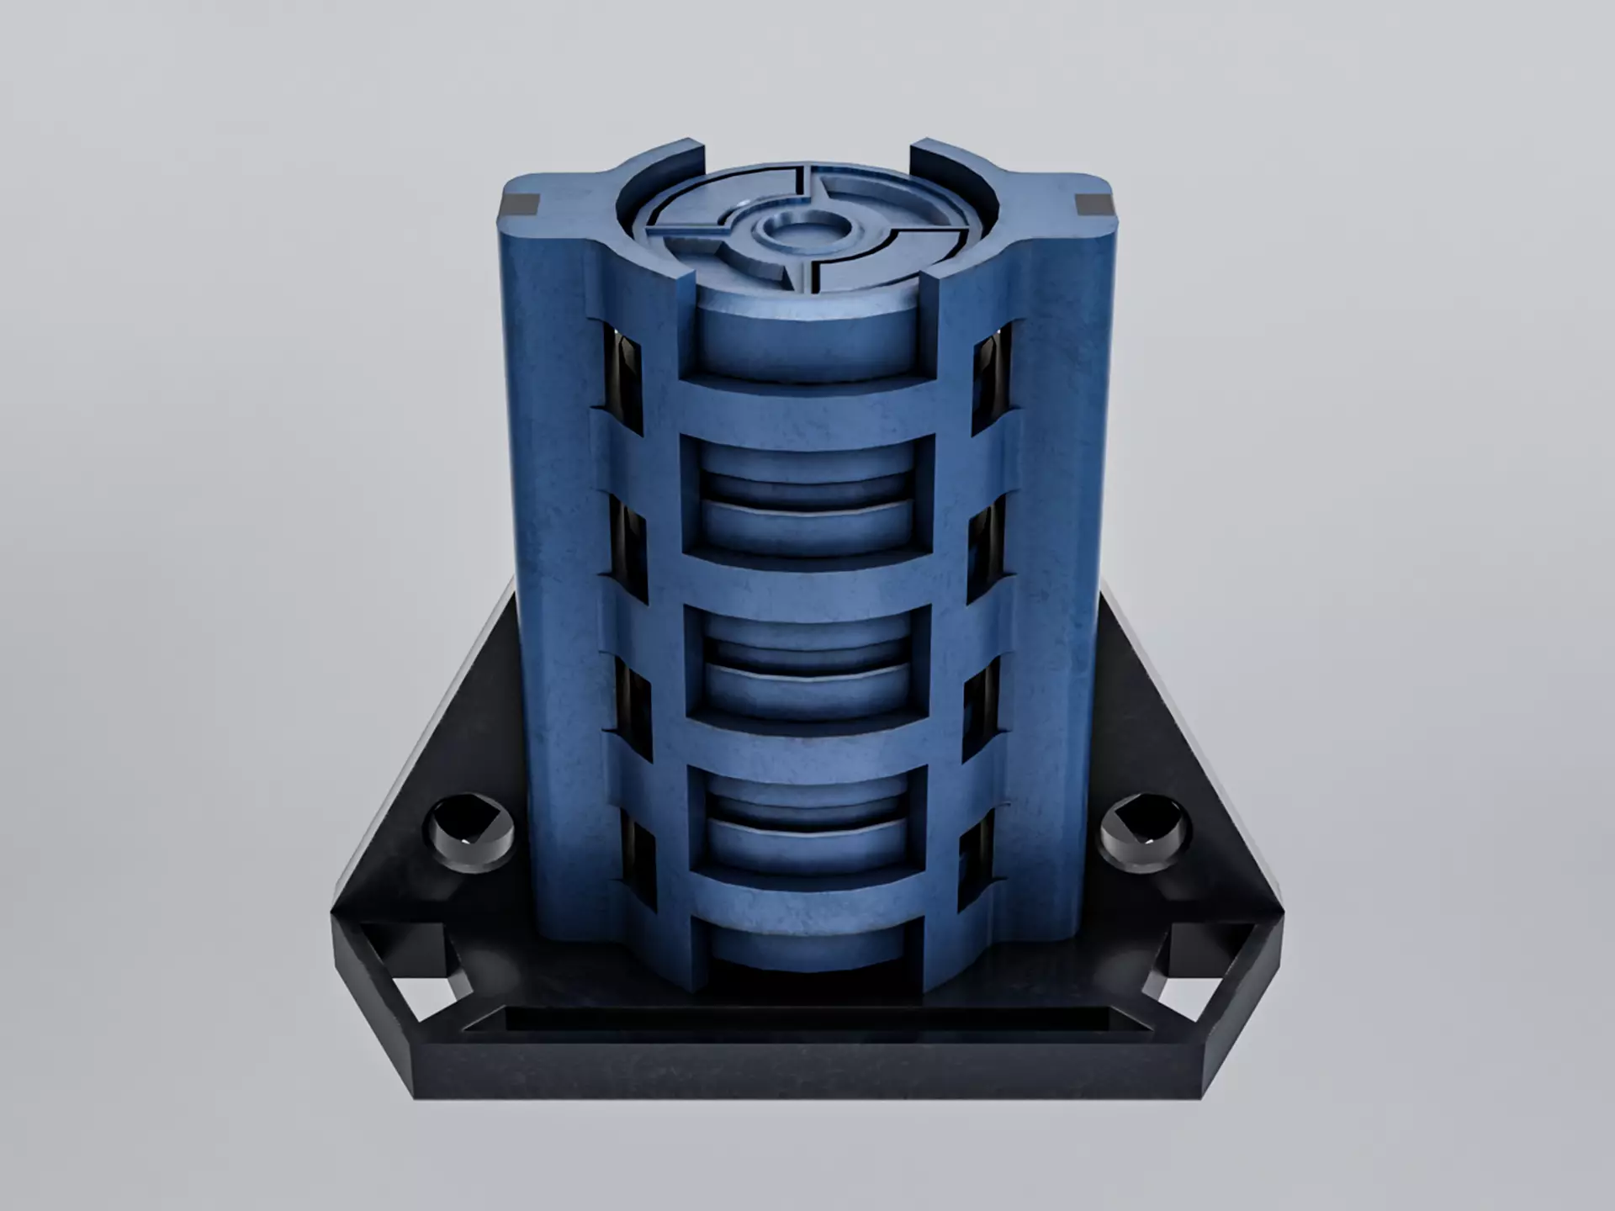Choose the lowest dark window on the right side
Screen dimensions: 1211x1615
pyautogui.click(x=977, y=866)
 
